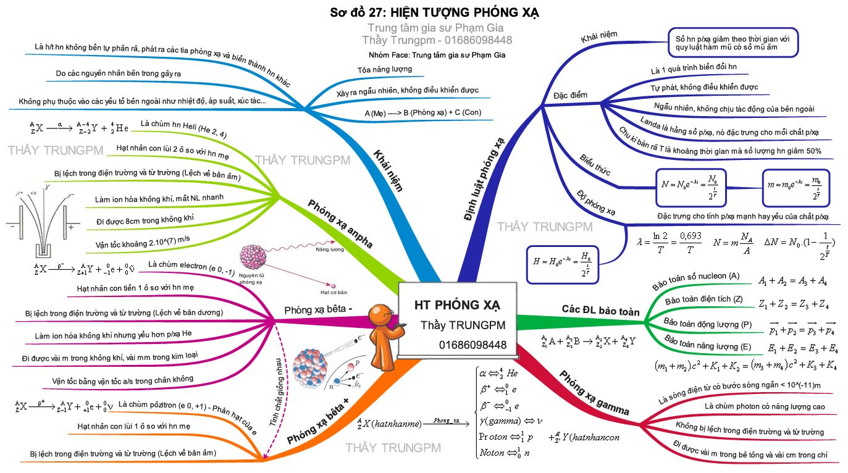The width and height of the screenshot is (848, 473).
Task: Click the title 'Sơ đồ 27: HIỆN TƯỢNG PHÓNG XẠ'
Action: [434, 12]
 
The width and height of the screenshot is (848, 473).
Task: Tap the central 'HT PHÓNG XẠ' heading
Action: [458, 305]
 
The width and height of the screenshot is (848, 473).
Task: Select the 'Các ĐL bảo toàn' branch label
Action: [600, 311]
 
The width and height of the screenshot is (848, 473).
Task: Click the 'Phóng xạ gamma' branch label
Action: [594, 392]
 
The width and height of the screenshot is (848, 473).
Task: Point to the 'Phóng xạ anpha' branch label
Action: [340, 224]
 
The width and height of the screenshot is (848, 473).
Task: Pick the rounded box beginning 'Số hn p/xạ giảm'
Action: [733, 43]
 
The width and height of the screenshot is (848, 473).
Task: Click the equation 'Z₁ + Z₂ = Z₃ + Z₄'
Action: [794, 304]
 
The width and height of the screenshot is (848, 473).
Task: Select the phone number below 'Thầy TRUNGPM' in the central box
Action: [472, 345]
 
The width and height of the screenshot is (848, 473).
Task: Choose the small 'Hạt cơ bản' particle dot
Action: [334, 286]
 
